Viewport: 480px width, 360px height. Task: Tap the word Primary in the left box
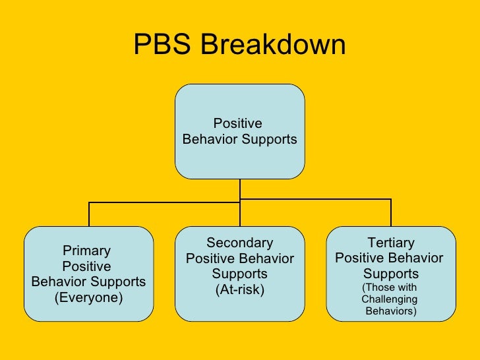click(86, 251)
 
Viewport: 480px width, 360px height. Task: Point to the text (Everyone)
click(88, 297)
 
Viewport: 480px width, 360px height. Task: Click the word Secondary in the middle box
click(239, 243)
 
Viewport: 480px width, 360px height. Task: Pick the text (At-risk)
click(239, 289)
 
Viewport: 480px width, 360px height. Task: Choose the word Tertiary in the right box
click(391, 243)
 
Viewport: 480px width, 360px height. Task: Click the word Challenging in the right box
click(390, 299)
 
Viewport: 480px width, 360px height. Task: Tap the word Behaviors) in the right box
click(391, 311)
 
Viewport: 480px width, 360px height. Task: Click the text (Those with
click(390, 287)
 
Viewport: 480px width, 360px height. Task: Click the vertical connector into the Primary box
click(89, 214)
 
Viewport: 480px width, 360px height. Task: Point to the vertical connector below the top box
click(239, 189)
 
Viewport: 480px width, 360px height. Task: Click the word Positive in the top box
click(238, 124)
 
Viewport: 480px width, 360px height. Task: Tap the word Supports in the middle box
click(239, 274)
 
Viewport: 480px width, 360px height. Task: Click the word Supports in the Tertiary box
click(391, 274)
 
